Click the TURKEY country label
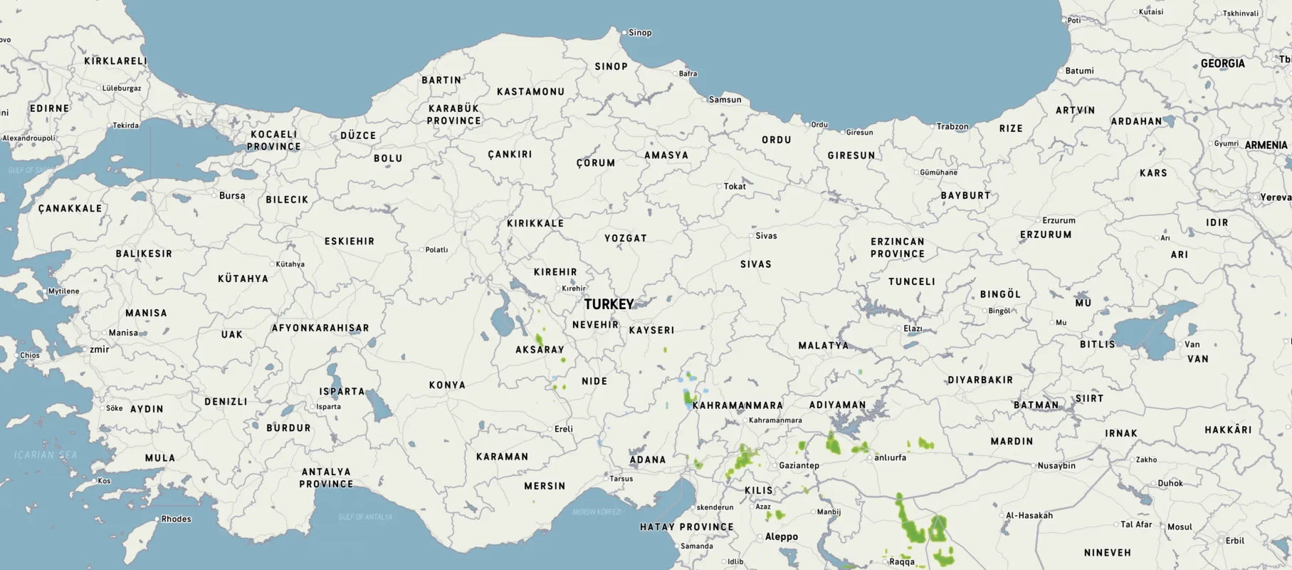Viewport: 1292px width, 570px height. pyautogui.click(x=609, y=304)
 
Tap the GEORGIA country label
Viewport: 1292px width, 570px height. pyautogui.click(x=1222, y=63)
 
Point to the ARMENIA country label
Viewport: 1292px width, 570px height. pyautogui.click(x=1266, y=145)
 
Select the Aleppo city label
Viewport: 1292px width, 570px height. pyautogui.click(x=781, y=537)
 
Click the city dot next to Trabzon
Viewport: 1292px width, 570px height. pyautogui.click(x=933, y=127)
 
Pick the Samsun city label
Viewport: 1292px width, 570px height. pyautogui.click(x=725, y=100)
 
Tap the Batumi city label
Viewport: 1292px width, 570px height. pyautogui.click(x=1079, y=71)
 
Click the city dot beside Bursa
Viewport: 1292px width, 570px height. pyautogui.click(x=214, y=195)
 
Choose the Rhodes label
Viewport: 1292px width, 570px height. pyautogui.click(x=176, y=519)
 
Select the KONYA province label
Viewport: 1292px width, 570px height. pyautogui.click(x=447, y=385)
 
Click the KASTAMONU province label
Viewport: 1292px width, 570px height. pyautogui.click(x=530, y=92)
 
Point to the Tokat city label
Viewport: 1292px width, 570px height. pyautogui.click(x=735, y=187)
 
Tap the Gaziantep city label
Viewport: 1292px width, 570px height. pyautogui.click(x=799, y=465)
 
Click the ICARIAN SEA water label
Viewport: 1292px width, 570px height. pyautogui.click(x=46, y=455)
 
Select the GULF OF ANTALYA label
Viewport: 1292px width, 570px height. pyautogui.click(x=365, y=517)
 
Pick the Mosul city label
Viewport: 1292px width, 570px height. pyautogui.click(x=1180, y=527)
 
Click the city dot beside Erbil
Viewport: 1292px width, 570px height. pyautogui.click(x=1222, y=541)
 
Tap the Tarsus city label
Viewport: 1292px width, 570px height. pyautogui.click(x=621, y=479)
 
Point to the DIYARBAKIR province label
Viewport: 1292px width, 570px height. pyautogui.click(x=979, y=380)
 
